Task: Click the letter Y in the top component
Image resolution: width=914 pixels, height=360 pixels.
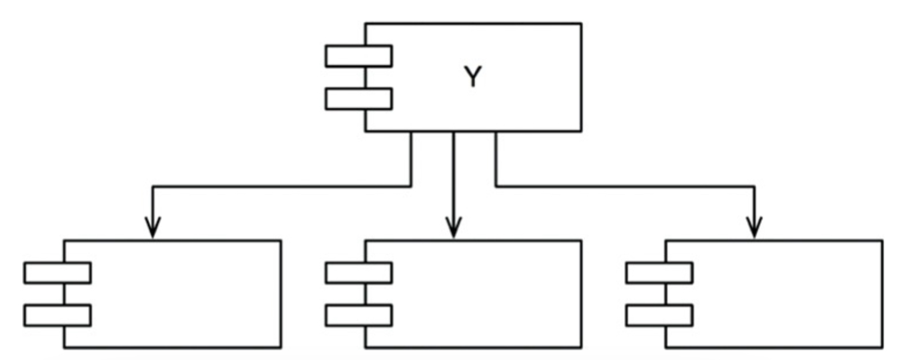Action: coord(473,77)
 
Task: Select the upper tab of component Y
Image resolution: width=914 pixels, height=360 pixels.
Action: coord(359,56)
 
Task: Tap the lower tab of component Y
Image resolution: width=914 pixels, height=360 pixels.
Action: coord(359,99)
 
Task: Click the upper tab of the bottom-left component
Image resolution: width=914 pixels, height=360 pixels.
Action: coord(58,273)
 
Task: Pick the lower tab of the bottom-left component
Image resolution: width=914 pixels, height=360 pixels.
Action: coord(58,315)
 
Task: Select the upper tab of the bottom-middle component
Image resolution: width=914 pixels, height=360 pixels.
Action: coord(359,273)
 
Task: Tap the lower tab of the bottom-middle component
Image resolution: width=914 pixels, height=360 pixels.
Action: coord(359,315)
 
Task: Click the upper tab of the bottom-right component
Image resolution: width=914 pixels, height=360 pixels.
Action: coord(660,273)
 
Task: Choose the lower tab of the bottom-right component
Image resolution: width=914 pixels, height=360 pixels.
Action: coord(660,315)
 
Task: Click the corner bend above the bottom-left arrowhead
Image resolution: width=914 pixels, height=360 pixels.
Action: coord(153,187)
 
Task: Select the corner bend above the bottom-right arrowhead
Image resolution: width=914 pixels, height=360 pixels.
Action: coord(755,187)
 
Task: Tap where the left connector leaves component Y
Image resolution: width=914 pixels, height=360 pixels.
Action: coord(412,131)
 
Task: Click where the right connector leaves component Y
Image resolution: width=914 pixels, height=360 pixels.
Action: coord(496,131)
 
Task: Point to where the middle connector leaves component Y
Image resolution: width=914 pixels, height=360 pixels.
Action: coord(454,131)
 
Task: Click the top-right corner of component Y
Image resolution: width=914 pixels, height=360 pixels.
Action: coord(581,23)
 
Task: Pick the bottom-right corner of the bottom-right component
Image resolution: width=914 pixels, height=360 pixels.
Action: coord(882,348)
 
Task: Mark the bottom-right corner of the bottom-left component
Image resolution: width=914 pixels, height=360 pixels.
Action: coord(281,348)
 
